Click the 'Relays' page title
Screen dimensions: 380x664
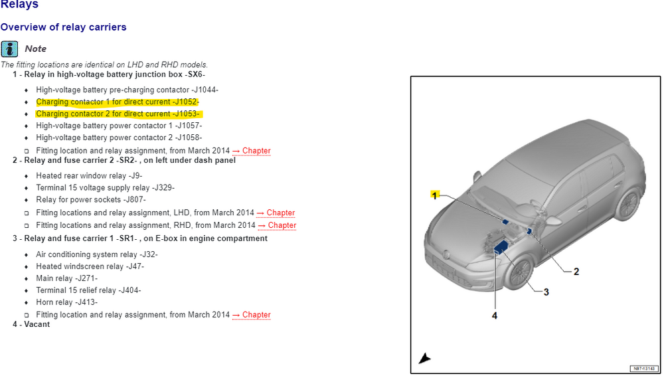tap(19, 5)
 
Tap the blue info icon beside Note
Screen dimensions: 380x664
tap(9, 48)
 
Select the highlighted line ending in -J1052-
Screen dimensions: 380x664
tap(117, 102)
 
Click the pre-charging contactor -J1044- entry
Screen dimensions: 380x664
tap(127, 90)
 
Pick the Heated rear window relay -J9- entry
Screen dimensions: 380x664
tap(89, 176)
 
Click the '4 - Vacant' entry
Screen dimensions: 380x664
tap(31, 324)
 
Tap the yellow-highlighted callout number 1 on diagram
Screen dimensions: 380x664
tap(435, 195)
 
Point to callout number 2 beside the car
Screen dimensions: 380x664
tap(576, 271)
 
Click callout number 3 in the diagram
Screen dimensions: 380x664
tap(546, 292)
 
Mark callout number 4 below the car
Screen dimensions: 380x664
tap(494, 316)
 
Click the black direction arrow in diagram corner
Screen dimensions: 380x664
tap(424, 359)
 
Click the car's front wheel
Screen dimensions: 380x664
tap(519, 273)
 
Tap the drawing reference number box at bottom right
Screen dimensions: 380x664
tap(642, 369)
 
